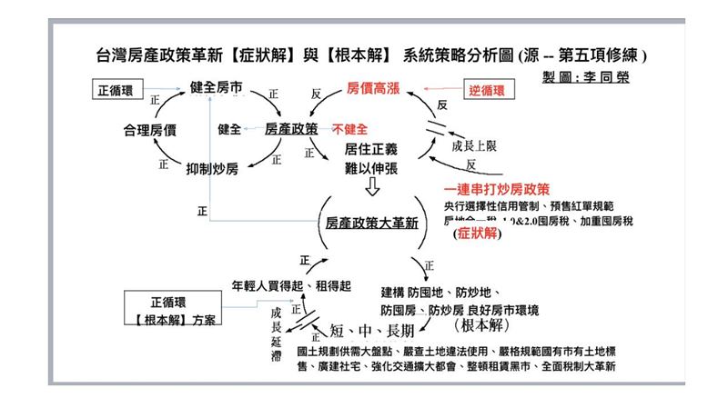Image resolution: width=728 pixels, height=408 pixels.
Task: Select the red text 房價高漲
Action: point(373,91)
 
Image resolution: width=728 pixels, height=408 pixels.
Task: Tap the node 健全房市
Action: point(216,87)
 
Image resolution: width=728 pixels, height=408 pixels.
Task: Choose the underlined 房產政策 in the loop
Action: point(291,129)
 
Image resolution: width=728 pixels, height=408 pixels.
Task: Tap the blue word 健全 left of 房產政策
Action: point(229,129)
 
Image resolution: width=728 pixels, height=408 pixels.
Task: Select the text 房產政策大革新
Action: point(371,223)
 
